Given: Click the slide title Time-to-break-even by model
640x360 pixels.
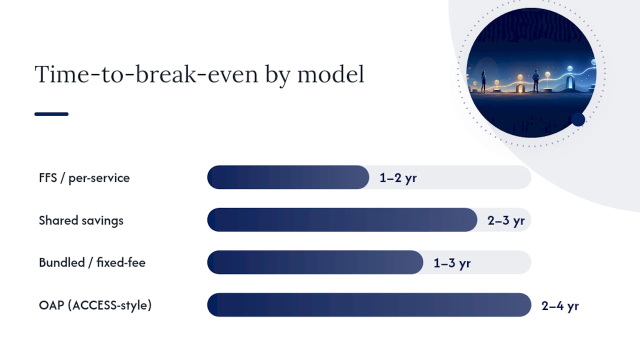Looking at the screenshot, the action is [x=199, y=74].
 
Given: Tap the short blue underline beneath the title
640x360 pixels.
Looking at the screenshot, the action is [x=51, y=114].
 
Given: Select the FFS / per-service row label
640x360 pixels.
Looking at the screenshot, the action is [x=84, y=178].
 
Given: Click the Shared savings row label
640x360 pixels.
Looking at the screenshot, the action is [x=81, y=220].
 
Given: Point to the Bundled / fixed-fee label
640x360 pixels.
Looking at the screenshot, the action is [x=92, y=262].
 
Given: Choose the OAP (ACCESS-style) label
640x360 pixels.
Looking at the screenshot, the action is [x=95, y=305].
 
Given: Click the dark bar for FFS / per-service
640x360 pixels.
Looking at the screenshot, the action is [x=288, y=177].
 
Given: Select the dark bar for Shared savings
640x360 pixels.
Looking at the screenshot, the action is [x=342, y=219].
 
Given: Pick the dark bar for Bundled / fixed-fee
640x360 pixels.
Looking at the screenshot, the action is [x=315, y=262].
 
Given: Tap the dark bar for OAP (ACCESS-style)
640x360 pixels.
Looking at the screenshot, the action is [x=369, y=305].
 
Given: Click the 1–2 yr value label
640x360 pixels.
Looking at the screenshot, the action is [x=398, y=178].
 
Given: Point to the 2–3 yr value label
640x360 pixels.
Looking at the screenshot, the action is [x=506, y=220].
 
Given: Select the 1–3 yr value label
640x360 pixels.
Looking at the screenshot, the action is [x=452, y=263].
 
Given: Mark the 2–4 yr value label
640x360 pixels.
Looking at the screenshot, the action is [x=560, y=306].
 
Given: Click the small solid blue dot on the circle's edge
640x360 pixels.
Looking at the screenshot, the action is [x=578, y=119].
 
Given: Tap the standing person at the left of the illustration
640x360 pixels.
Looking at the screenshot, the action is [x=483, y=81].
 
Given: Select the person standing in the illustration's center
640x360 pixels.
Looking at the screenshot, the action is [x=535, y=81].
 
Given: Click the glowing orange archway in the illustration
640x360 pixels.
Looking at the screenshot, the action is [x=520, y=87].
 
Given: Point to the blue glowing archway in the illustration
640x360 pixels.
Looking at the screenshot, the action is [x=569, y=82].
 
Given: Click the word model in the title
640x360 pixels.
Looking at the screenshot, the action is [x=331, y=74].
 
